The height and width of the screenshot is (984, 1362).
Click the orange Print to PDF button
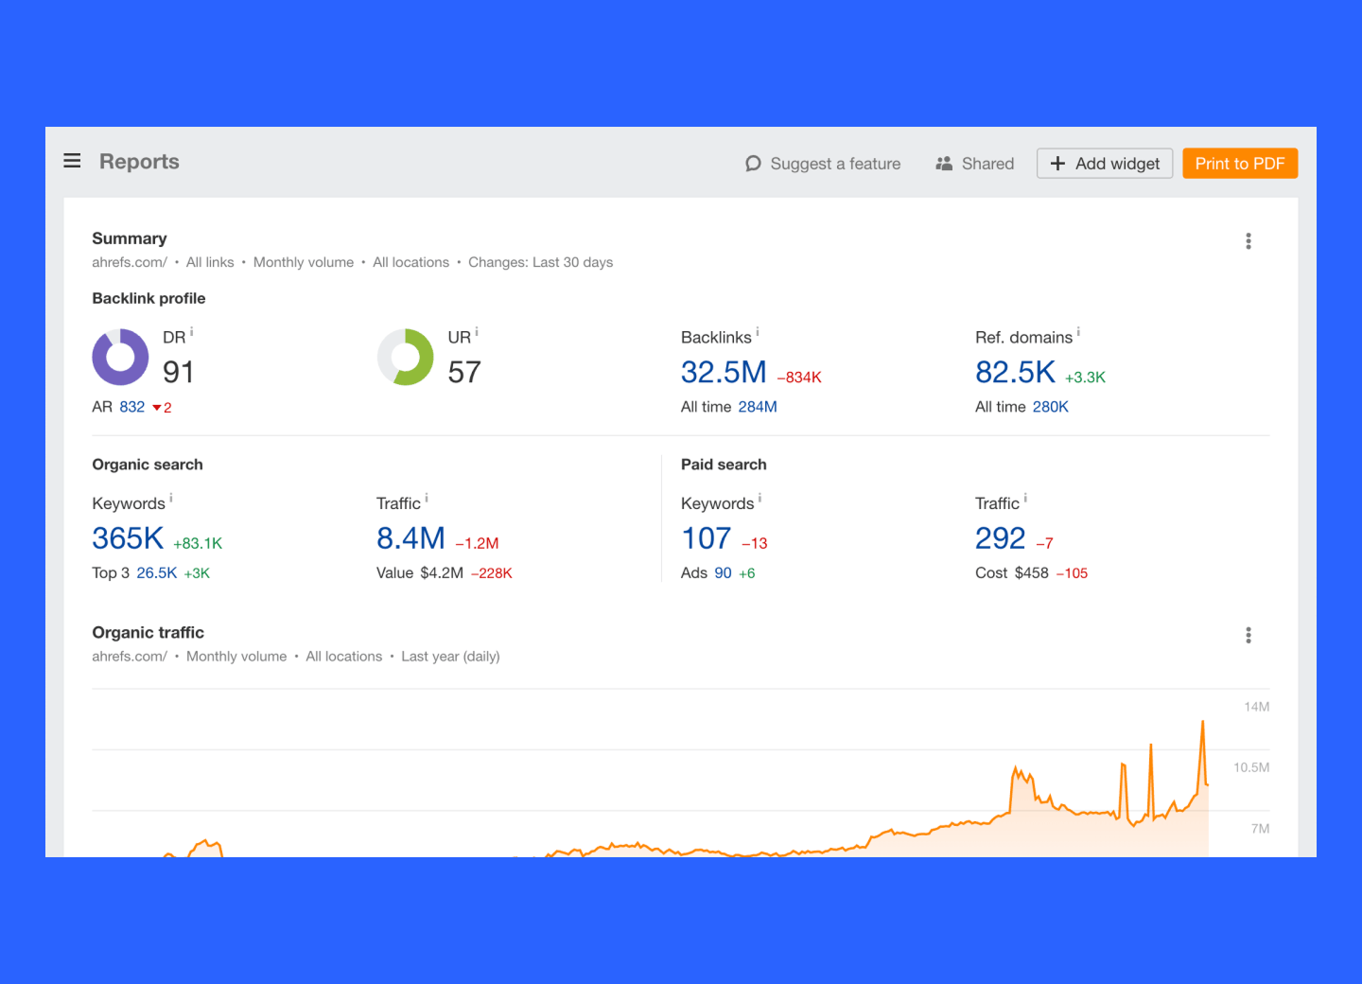1239,164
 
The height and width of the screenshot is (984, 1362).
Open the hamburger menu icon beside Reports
72,161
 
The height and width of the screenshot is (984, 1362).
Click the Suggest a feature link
823,164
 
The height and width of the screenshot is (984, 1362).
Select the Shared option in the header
974,164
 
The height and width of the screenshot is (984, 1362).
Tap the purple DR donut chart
120,357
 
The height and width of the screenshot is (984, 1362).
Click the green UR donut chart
405,357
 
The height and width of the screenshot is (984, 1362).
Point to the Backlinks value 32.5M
724,373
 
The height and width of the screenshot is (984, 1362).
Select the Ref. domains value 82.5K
1015,373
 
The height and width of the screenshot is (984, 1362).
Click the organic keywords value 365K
128,538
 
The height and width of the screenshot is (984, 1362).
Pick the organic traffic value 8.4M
410,538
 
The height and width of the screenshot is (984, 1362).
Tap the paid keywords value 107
706,538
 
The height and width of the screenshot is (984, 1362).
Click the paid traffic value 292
1000,538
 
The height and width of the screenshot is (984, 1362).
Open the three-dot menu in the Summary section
1248,241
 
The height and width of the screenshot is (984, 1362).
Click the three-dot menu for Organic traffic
1248,635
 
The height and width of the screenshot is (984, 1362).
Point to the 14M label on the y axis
1256,707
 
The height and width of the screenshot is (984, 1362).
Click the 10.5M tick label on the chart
1250,767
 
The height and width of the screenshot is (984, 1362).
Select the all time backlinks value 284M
758,407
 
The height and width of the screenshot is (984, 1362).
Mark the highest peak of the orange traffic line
1203,723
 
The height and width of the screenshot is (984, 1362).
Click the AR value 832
131,407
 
